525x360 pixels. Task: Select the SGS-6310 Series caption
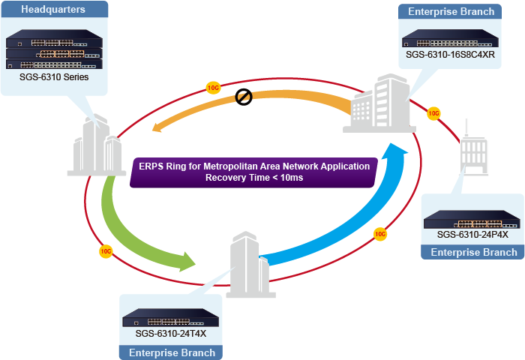[x=54, y=77]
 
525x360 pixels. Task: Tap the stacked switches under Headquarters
[x=54, y=49]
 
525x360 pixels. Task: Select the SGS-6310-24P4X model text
[x=472, y=235]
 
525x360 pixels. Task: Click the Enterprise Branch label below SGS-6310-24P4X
[x=473, y=253]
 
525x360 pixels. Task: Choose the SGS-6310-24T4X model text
[x=170, y=333]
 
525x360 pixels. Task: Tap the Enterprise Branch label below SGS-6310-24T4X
[x=172, y=352]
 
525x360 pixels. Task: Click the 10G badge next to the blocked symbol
[x=214, y=88]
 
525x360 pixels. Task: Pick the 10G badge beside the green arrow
[x=106, y=250]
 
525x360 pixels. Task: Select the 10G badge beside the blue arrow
[x=380, y=234]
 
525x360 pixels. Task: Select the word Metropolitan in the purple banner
[x=233, y=166]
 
